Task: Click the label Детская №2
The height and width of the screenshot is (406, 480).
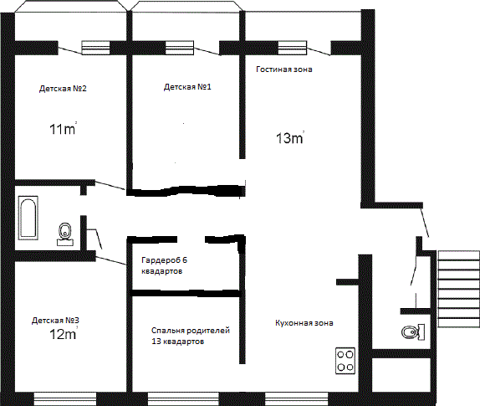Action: tap(63, 89)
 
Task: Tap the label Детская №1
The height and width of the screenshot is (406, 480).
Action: tap(187, 87)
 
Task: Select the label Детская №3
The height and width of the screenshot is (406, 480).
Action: tap(55, 321)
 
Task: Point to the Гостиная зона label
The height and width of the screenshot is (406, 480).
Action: tap(284, 69)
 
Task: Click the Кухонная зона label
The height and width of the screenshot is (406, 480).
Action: tap(304, 323)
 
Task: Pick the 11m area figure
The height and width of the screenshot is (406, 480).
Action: tap(63, 129)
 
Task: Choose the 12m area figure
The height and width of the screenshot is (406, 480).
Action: tap(63, 334)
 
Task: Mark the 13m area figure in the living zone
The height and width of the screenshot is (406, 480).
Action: tap(290, 138)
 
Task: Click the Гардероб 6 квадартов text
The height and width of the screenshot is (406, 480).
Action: tap(164, 265)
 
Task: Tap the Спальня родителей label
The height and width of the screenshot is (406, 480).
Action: tap(191, 331)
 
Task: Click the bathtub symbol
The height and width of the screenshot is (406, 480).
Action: tap(28, 218)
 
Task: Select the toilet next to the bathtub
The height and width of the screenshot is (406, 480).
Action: tap(65, 234)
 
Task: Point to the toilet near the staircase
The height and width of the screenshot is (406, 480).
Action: tap(413, 332)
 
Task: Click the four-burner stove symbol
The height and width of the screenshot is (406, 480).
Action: tap(345, 361)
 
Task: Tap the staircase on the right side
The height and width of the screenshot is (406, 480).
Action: tap(459, 289)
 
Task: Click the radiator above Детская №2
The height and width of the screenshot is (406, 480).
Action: tap(95, 48)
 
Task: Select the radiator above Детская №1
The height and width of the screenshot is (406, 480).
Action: tap(180, 48)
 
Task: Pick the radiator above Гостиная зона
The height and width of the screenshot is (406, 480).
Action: tap(293, 48)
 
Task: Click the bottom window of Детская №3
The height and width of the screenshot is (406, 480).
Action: tap(65, 398)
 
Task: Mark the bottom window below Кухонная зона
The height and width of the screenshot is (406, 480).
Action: tap(296, 398)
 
